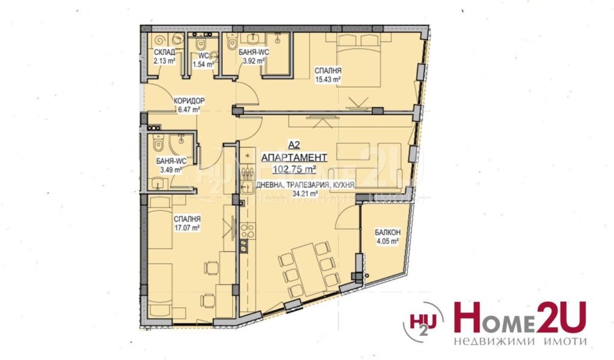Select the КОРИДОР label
pos(189,101)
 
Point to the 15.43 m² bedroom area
pos(328,80)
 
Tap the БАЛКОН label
pos(388,233)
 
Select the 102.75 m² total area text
pos(294,169)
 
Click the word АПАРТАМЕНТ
pos(294,157)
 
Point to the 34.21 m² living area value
pos(305,193)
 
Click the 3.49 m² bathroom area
pos(171,170)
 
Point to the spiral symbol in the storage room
pos(161,40)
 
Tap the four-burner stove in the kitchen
pos(247,231)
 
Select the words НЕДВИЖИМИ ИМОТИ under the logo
pos(520,341)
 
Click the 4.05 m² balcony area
pos(388,241)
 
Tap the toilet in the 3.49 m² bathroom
pos(158,143)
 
